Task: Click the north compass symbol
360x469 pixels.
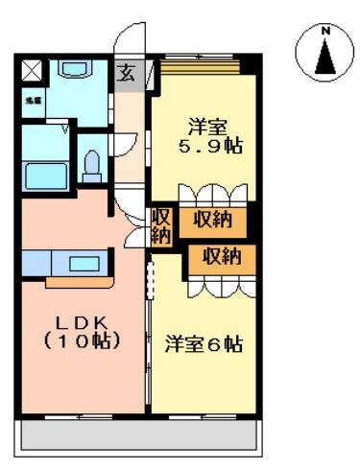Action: tap(325, 52)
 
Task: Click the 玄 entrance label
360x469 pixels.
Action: tap(127, 73)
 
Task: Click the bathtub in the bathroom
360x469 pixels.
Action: tap(46, 176)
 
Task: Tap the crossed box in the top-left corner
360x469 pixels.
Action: tap(32, 69)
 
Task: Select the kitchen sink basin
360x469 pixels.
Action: tap(87, 262)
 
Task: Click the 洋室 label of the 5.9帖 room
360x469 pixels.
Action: tap(208, 127)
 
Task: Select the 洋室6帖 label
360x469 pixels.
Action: tap(203, 343)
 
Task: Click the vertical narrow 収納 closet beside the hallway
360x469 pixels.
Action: tap(160, 224)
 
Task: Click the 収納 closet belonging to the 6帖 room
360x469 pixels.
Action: tap(222, 256)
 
